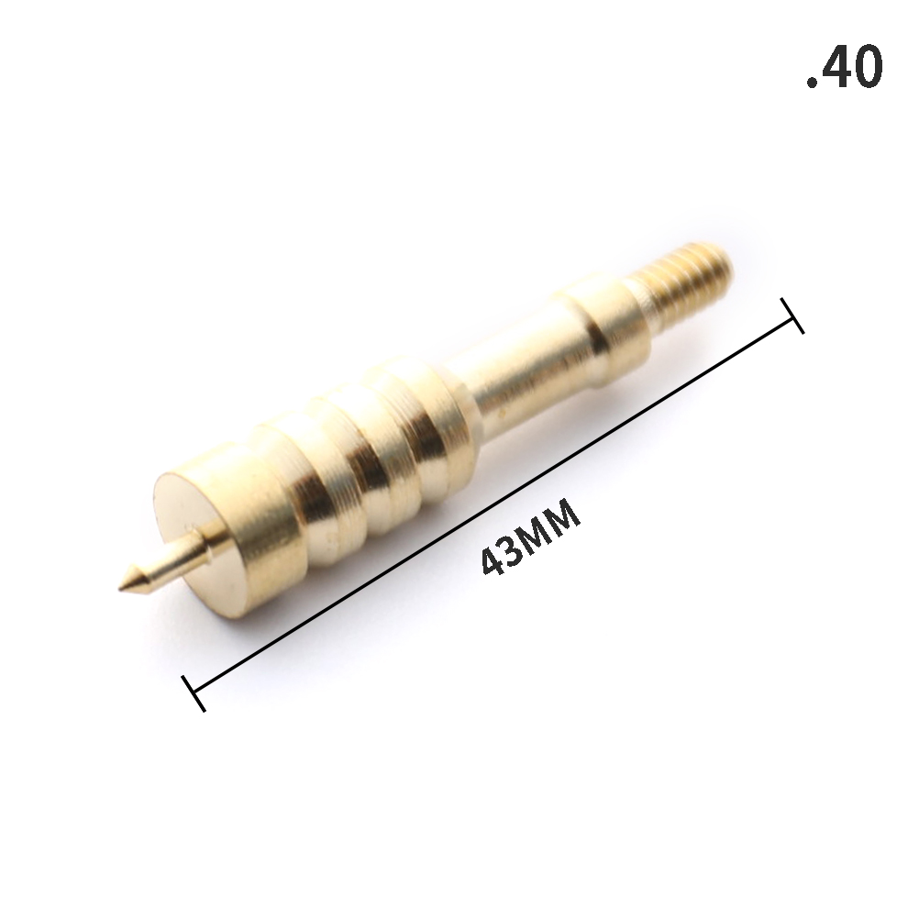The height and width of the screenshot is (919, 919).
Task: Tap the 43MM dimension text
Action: point(530,537)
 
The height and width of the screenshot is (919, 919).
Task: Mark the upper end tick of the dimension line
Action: point(792,316)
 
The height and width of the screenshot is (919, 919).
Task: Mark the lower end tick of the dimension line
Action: point(194,692)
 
